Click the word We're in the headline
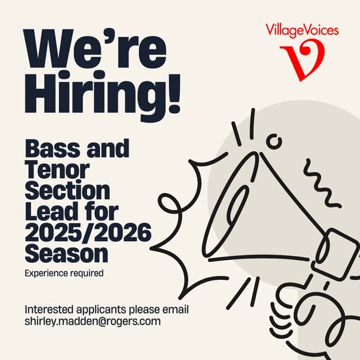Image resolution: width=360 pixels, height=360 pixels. tap(95, 49)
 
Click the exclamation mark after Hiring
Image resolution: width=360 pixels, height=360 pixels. tap(175, 94)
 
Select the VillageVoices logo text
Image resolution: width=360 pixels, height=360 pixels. tap(302, 31)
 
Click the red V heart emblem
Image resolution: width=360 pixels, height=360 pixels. tap(303, 60)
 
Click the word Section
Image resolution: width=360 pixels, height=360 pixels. tap(67, 190)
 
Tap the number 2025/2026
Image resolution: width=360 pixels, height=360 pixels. tap(88, 232)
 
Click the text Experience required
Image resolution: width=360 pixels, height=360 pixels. tap(64, 273)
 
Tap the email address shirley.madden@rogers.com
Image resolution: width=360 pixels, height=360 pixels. tap(92, 321)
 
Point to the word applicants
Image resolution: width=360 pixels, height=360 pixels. tap(101, 310)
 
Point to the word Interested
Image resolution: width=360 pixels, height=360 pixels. tap(49, 309)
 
